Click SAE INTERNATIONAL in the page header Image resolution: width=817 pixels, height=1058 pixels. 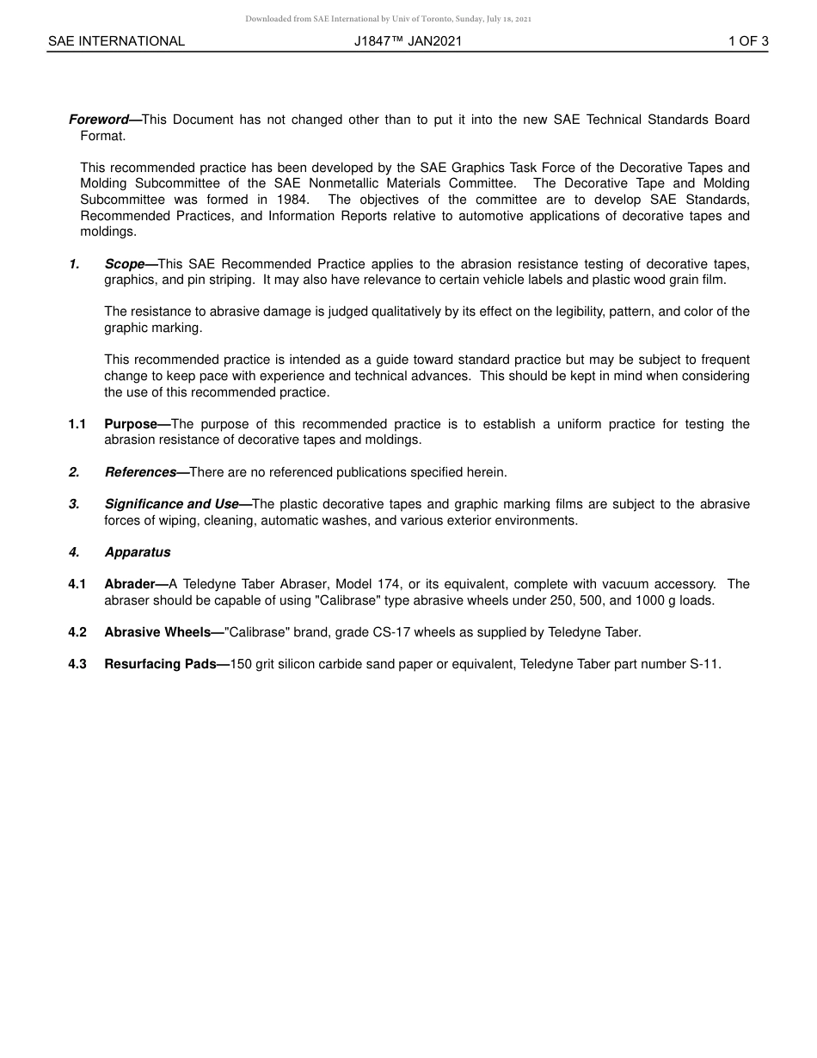point(116,41)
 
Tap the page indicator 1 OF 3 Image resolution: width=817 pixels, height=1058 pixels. point(747,41)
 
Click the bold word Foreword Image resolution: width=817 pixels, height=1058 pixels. point(98,120)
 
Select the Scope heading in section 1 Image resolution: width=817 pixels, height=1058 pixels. point(125,264)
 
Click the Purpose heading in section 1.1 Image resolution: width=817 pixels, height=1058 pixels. point(131,424)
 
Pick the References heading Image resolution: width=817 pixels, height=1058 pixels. point(140,472)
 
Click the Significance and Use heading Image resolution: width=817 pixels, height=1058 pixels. point(171,504)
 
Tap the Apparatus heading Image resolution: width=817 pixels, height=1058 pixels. point(138,552)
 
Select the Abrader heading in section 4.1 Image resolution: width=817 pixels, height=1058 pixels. point(129,584)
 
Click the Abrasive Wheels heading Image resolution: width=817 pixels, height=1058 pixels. point(157,632)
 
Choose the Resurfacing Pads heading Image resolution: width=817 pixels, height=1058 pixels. point(160,664)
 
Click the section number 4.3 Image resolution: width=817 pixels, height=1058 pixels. point(77,664)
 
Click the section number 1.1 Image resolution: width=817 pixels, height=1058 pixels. point(77,424)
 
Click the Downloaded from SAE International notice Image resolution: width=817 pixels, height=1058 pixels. point(388,19)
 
